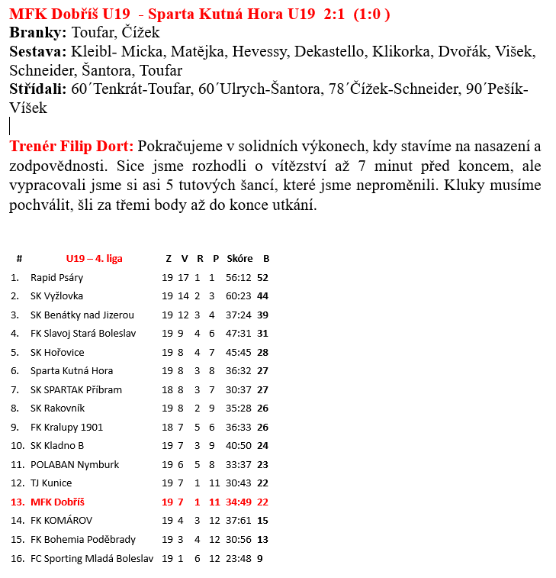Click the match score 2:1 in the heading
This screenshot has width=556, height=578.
pyautogui.click(x=338, y=15)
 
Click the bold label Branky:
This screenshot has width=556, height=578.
pyautogui.click(x=38, y=33)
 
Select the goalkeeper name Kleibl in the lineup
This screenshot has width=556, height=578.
pyautogui.click(x=88, y=52)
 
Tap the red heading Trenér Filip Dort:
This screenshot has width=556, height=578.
pyautogui.click(x=72, y=146)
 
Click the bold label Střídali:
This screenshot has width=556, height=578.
pyautogui.click(x=38, y=89)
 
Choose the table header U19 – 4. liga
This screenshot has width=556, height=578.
pyautogui.click(x=94, y=258)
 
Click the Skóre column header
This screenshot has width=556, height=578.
pyautogui.click(x=239, y=258)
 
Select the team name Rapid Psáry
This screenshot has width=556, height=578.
pyautogui.click(x=56, y=277)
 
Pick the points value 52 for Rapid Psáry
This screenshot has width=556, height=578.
pyautogui.click(x=263, y=277)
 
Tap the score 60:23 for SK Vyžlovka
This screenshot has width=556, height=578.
pyautogui.click(x=239, y=295)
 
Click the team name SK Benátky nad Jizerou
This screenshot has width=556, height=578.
pyautogui.click(x=82, y=315)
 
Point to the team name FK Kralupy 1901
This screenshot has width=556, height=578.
pyautogui.click(x=66, y=427)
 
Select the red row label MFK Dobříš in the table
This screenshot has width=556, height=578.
pyautogui.click(x=57, y=502)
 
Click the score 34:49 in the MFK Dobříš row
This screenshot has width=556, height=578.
pyautogui.click(x=239, y=502)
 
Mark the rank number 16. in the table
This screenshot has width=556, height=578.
pyautogui.click(x=16, y=558)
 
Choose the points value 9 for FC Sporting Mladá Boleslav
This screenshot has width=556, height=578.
pyautogui.click(x=260, y=558)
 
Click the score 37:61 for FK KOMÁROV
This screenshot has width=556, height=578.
pyautogui.click(x=239, y=521)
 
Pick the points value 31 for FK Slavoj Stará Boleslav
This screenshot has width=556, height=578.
pyautogui.click(x=263, y=333)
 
